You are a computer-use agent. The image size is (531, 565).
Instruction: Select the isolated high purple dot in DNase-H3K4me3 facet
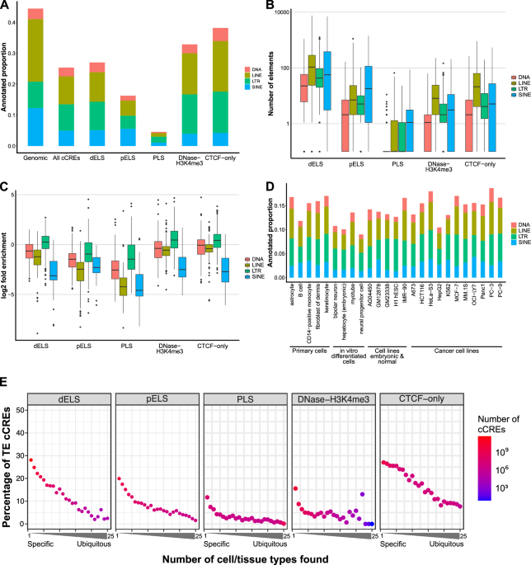coord(362,495)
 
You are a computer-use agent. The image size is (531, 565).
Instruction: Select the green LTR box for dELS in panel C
coord(46,219)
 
